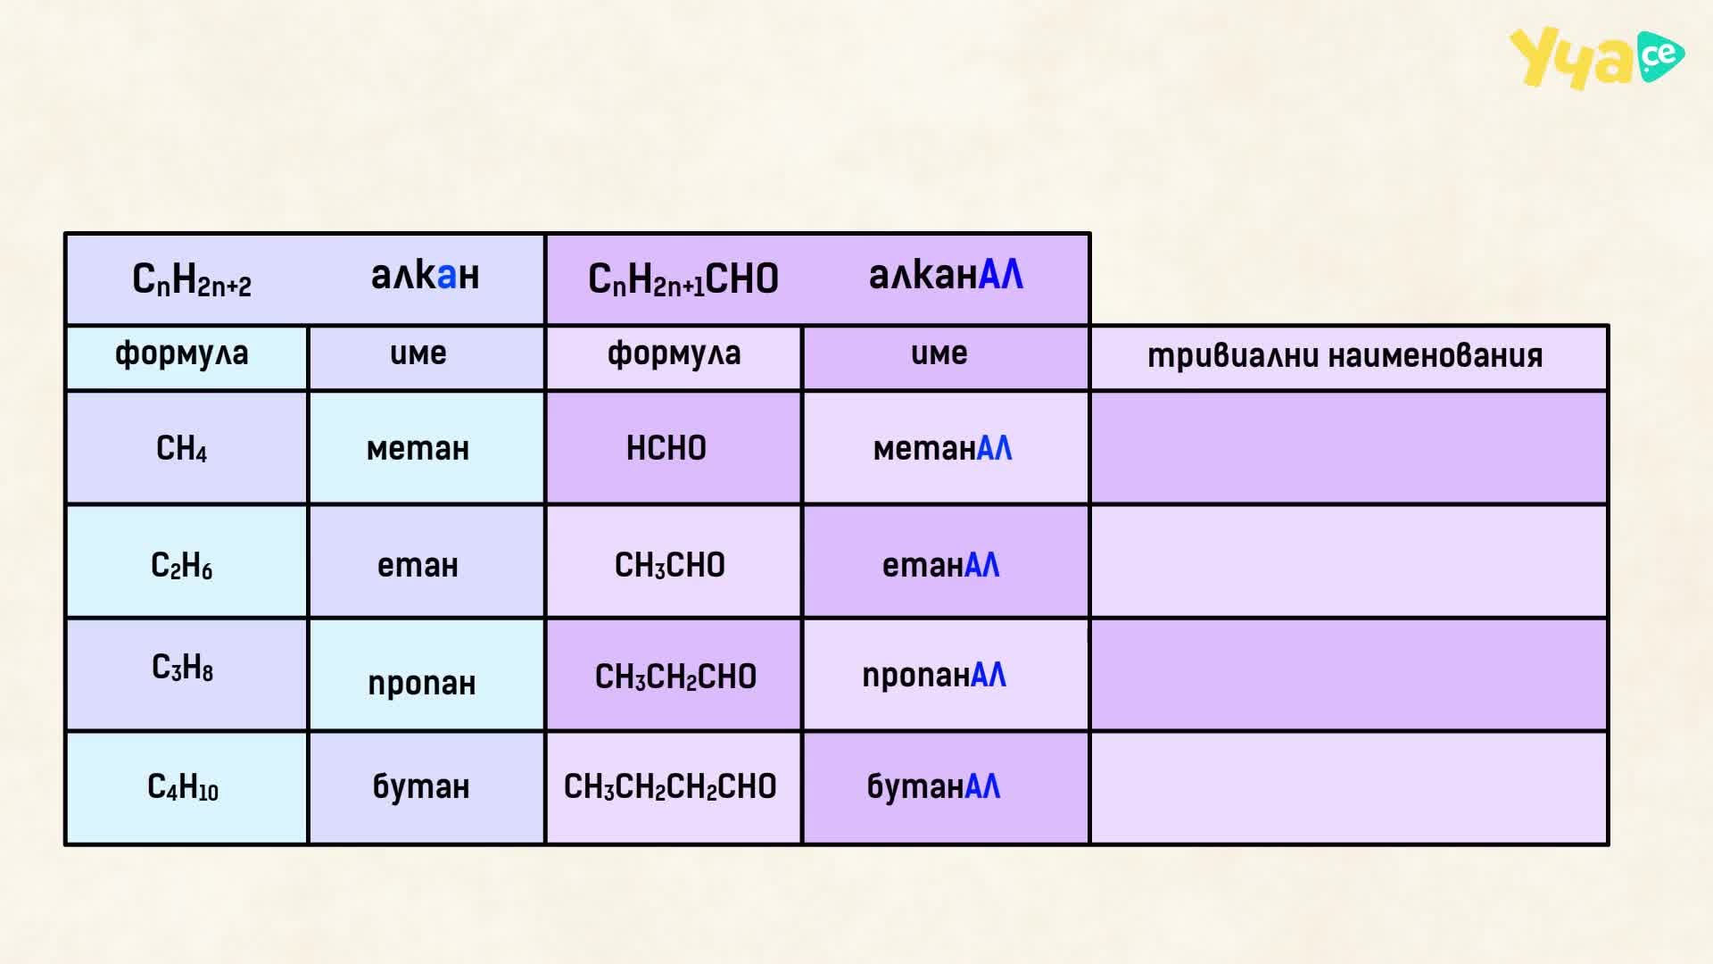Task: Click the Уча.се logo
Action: tap(1596, 58)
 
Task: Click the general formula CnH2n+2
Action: tap(192, 279)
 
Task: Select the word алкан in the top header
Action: tap(425, 275)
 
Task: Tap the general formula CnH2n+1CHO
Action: tap(683, 279)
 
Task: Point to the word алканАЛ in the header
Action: tap(946, 275)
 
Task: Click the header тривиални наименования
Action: tap(1345, 355)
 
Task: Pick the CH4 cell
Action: tap(181, 448)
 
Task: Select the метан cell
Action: tap(418, 448)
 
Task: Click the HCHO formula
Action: tap(666, 448)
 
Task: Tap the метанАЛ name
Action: tap(942, 448)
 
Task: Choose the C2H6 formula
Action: tap(181, 565)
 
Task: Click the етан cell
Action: tap(418, 565)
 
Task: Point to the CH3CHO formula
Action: tap(670, 565)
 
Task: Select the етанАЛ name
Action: tap(940, 565)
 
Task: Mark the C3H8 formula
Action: tap(182, 667)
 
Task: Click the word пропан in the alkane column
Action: tap(421, 684)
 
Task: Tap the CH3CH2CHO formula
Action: tap(675, 677)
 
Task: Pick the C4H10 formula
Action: tap(182, 786)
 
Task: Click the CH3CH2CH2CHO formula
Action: tap(670, 786)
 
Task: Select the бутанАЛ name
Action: tap(933, 786)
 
